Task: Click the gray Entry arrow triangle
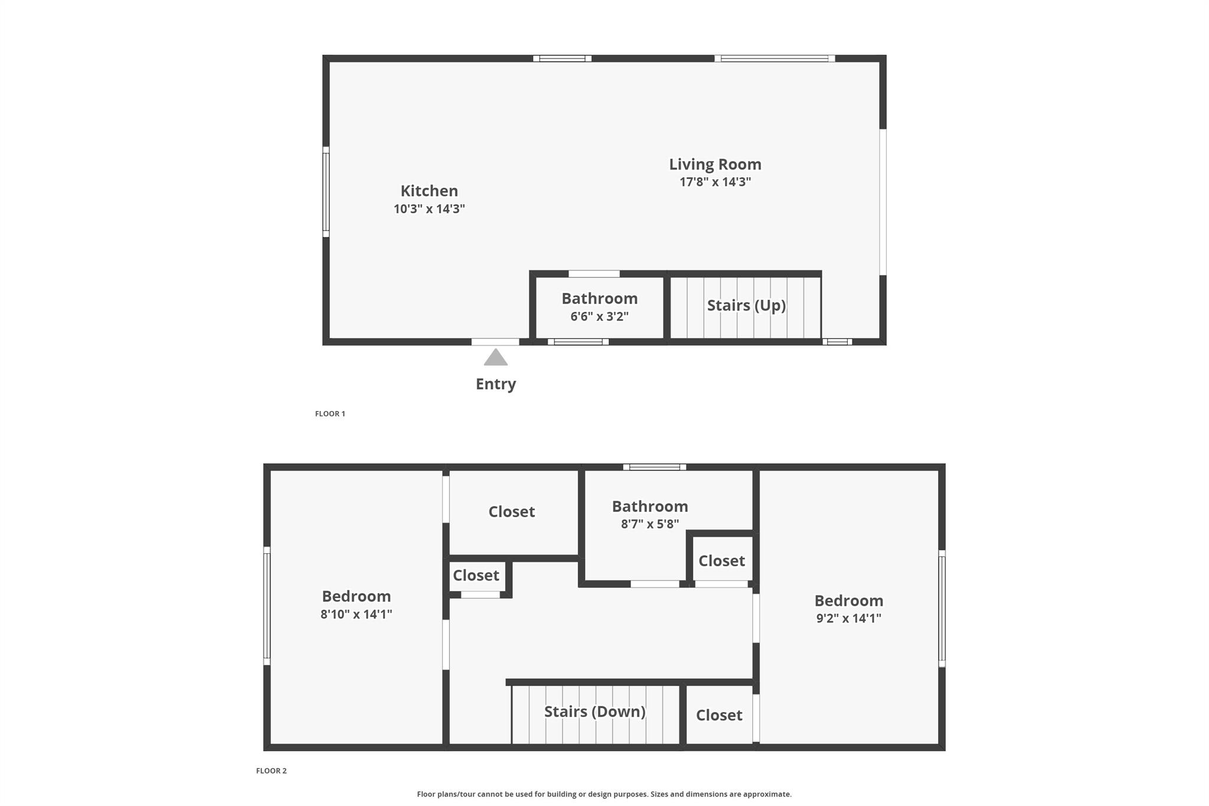pos(496,358)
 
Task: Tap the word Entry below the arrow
pos(496,384)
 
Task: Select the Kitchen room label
pos(429,191)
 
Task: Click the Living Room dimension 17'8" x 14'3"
pos(715,182)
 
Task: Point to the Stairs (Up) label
pos(746,305)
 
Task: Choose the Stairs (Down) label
pos(594,712)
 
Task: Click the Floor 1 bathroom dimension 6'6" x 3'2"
pos(599,316)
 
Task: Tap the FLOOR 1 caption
pos(330,414)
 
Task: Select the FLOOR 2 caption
pos(272,771)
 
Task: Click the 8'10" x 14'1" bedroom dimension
pos(356,614)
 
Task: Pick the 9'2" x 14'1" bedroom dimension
pos(848,618)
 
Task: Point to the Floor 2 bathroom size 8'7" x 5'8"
pos(649,524)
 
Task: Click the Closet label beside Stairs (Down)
pos(719,715)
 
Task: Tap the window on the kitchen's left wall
pos(326,192)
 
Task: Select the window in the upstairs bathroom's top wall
pos(655,467)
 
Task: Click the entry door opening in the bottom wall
pos(495,342)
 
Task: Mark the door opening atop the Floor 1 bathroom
pos(594,274)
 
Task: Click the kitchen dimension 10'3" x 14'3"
pos(429,209)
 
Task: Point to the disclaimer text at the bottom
pos(604,794)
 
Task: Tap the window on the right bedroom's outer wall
pos(942,608)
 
